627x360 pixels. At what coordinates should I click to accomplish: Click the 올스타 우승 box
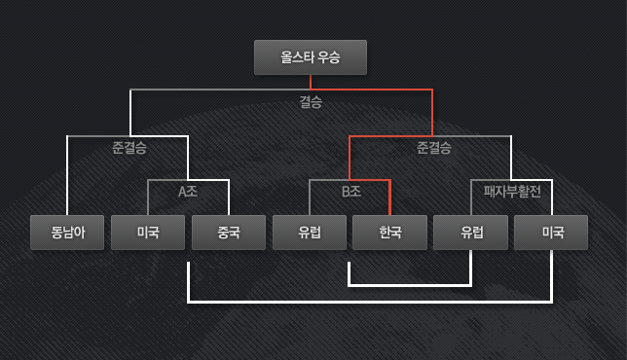click(311, 57)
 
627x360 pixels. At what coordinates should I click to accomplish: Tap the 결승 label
click(311, 101)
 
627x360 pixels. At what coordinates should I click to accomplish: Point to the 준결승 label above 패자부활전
click(433, 149)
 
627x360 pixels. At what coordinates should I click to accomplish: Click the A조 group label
click(188, 192)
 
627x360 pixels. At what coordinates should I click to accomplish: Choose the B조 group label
click(351, 192)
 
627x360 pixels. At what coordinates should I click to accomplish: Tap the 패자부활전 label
click(512, 192)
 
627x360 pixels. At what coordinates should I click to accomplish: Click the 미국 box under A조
click(147, 233)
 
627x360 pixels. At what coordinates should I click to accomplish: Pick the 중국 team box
click(228, 233)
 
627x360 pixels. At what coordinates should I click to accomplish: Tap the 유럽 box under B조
click(310, 233)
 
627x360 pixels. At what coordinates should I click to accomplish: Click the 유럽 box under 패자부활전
click(471, 233)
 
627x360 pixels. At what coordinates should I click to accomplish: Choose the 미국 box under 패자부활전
click(552, 233)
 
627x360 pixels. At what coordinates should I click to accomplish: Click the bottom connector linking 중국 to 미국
click(370, 302)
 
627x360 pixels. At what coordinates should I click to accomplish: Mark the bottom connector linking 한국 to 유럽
click(409, 286)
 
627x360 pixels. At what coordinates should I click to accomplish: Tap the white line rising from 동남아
click(66, 175)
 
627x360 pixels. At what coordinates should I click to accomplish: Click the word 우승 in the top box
click(328, 57)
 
